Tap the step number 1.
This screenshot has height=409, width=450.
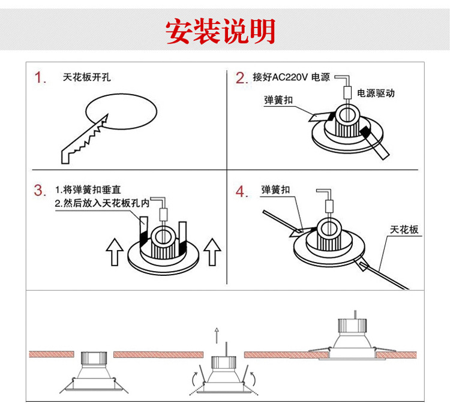point(40,78)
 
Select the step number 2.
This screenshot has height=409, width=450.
point(241,78)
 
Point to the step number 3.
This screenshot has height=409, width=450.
point(40,191)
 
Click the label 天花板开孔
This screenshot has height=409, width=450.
point(86,77)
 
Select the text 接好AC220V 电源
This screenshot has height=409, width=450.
point(291,77)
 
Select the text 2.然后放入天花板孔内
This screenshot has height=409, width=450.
point(101,204)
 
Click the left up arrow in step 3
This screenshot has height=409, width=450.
point(114,251)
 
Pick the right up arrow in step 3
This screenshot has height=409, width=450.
point(212,251)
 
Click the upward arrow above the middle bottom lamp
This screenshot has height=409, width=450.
point(217,335)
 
